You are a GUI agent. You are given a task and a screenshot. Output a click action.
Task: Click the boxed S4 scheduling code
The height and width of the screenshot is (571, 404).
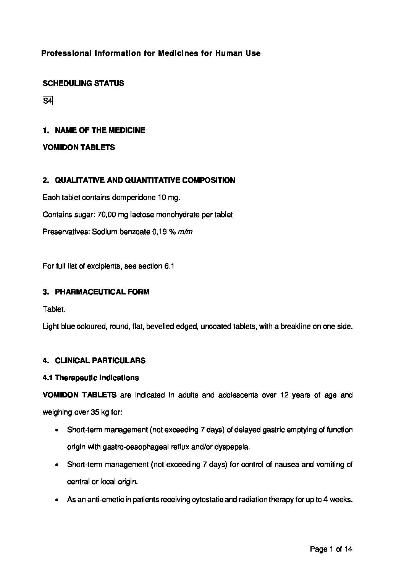(x=47, y=101)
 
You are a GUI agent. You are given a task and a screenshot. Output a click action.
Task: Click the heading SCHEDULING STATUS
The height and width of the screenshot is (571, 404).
(x=83, y=83)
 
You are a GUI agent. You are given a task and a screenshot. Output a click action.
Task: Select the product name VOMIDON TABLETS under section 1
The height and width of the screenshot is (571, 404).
(x=79, y=147)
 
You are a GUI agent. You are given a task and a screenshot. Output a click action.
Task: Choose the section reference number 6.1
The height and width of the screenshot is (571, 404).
(x=169, y=266)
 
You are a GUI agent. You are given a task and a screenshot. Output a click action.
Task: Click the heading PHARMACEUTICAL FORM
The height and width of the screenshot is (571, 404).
(x=102, y=292)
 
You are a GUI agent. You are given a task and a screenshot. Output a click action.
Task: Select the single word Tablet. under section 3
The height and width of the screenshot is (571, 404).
(x=54, y=309)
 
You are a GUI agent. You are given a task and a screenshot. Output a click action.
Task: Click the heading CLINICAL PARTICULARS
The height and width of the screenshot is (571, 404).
(x=100, y=360)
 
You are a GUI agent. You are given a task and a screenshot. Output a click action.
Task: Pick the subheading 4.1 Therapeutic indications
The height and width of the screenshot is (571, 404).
(x=91, y=378)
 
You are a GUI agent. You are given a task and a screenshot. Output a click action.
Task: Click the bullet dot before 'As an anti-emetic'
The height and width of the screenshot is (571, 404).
(x=57, y=499)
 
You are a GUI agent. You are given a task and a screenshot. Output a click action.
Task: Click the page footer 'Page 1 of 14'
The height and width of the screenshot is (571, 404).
(x=331, y=549)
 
